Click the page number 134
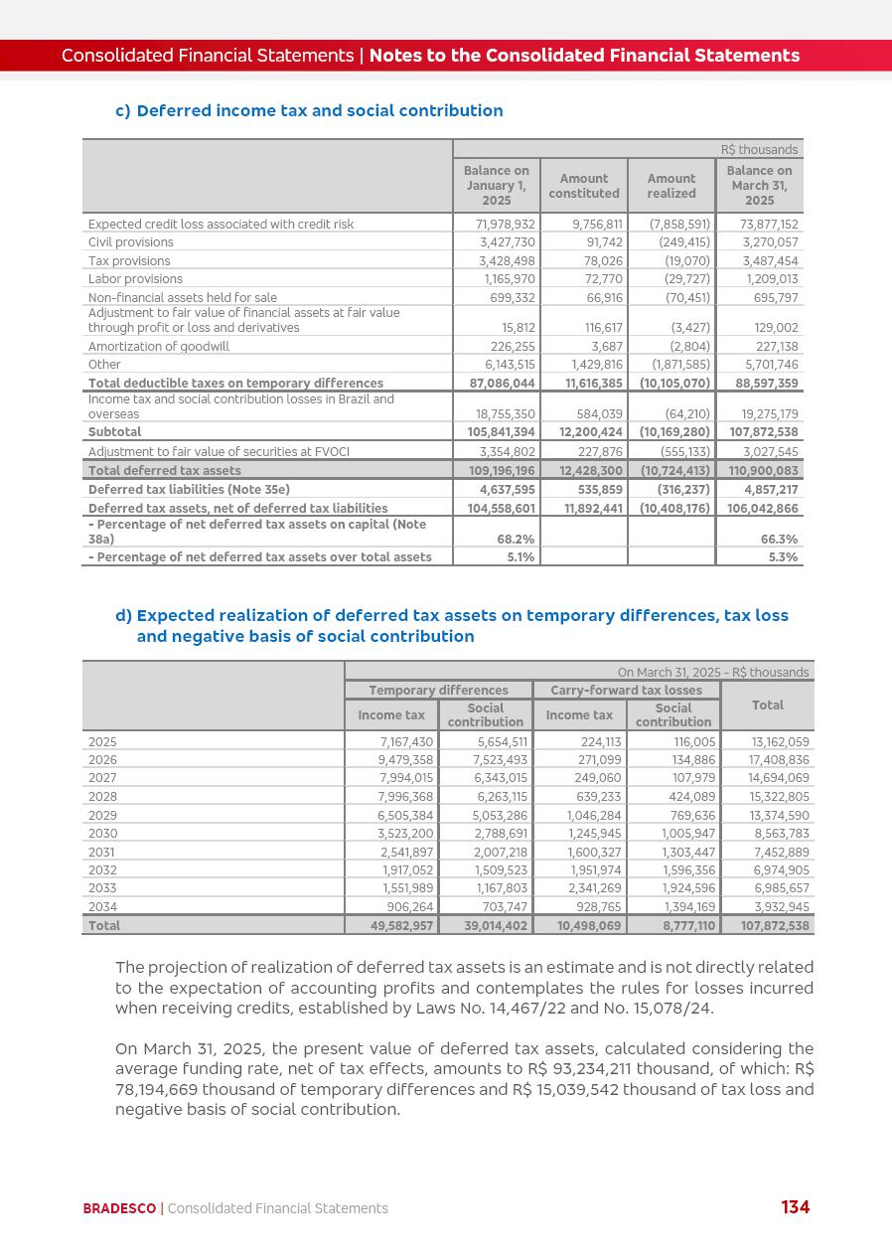[795, 1207]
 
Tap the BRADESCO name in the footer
[119, 1208]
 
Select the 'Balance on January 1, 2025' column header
[497, 186]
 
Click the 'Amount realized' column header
[671, 186]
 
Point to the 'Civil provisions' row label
[131, 242]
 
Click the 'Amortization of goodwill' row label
[159, 347]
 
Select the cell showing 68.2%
[516, 540]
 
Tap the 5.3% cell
[783, 557]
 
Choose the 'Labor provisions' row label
[135, 279]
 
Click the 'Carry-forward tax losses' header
[626, 691]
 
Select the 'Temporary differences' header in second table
[438, 691]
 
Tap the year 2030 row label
[102, 834]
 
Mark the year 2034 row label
[102, 907]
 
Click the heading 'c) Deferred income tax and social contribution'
[309, 110]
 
